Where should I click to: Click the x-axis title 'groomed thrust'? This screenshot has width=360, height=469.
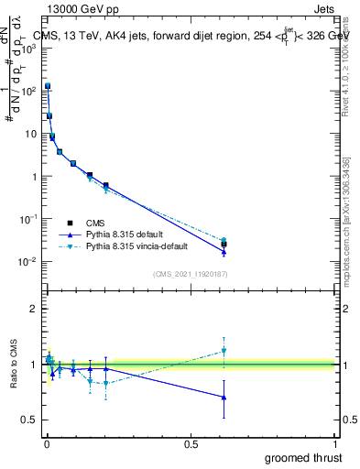pos(303,457)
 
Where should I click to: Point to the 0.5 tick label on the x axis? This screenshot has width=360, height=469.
pos(191,444)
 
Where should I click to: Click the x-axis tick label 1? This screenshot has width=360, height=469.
pos(336,444)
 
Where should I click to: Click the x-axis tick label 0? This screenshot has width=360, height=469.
pos(46,444)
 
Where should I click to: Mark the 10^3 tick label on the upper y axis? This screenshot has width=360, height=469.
pos(29,48)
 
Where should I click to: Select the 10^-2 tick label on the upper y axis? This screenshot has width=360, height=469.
pos(29,262)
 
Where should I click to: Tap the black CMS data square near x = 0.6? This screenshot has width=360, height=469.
pos(224,244)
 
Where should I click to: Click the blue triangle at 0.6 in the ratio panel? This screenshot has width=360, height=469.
pos(224,397)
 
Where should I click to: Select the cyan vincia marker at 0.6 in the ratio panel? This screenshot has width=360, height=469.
pos(224,351)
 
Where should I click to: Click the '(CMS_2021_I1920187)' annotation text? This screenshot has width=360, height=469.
pos(190,273)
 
